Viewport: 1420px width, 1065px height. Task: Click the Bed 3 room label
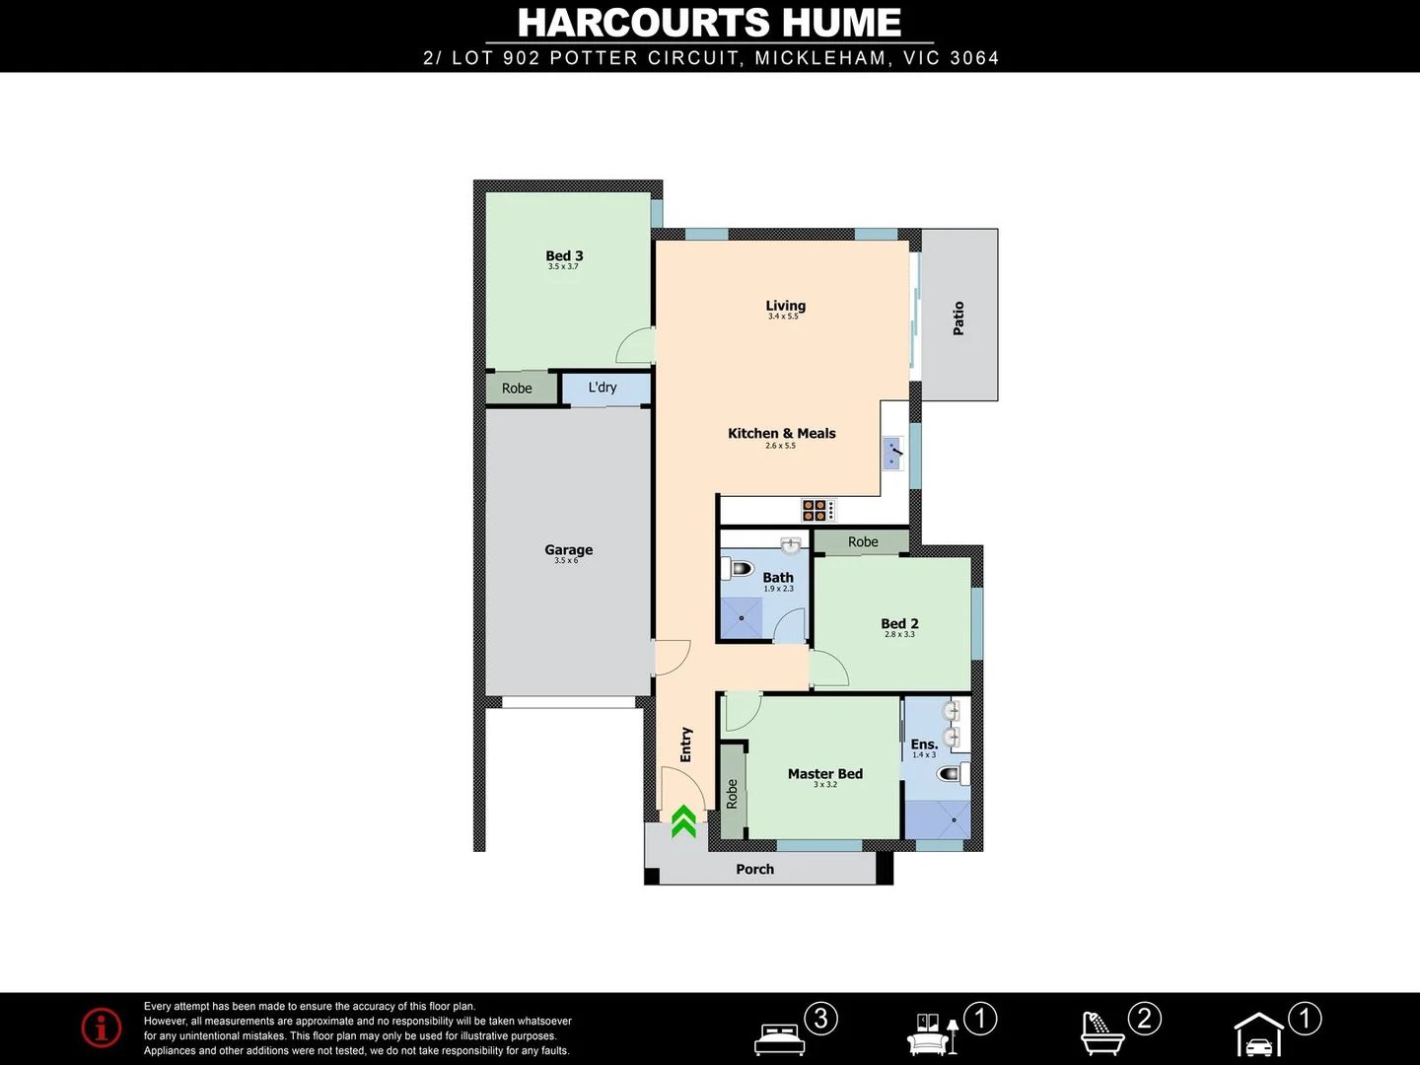tap(564, 256)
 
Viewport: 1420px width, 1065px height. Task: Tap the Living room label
tap(785, 307)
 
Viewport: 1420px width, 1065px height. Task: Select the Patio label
tap(958, 319)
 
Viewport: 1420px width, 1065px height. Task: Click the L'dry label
tap(603, 388)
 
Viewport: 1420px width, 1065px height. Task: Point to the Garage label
tap(569, 550)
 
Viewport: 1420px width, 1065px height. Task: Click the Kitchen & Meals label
tap(781, 434)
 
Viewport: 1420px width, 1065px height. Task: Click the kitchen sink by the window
tap(893, 454)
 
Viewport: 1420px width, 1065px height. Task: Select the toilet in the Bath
tap(740, 569)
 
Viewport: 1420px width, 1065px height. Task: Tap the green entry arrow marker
tap(683, 821)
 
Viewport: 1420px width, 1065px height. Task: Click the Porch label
tap(754, 870)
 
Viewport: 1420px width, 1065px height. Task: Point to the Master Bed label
tap(824, 774)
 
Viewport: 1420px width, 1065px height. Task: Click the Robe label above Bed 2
tap(863, 542)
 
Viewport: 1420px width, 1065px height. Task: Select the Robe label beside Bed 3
tap(517, 389)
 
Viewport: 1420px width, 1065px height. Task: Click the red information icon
tap(102, 1028)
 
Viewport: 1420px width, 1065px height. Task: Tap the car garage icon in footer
tap(1259, 1034)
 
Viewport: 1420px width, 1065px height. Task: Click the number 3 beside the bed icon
tap(820, 1019)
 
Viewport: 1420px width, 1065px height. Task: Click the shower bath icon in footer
tap(1102, 1033)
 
